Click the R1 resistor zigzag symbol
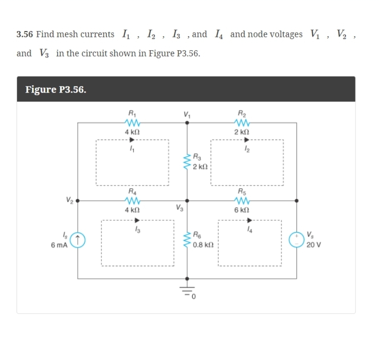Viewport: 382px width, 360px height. click(x=132, y=122)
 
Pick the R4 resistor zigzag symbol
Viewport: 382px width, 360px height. click(x=132, y=200)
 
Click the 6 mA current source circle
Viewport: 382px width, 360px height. click(x=78, y=240)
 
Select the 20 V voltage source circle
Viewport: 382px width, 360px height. click(x=296, y=240)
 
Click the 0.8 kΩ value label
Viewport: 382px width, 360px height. click(x=203, y=245)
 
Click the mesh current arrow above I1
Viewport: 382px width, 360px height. click(x=132, y=140)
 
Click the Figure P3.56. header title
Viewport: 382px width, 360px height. click(x=56, y=89)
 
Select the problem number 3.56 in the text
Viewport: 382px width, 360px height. click(x=24, y=34)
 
